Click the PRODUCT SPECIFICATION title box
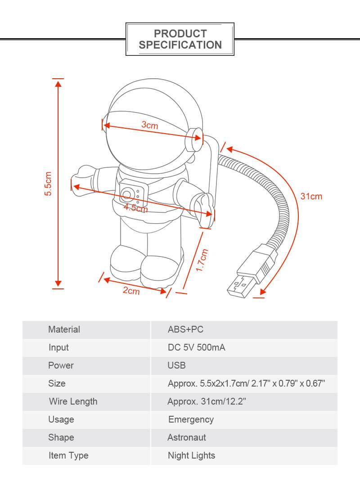point(180,39)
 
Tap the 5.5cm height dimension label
point(48,184)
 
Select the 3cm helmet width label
point(150,125)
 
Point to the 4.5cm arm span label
point(136,208)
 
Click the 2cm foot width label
point(131,291)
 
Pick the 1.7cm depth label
point(202,260)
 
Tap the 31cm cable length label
point(311,196)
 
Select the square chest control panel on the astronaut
point(133,194)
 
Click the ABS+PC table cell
point(185,329)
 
